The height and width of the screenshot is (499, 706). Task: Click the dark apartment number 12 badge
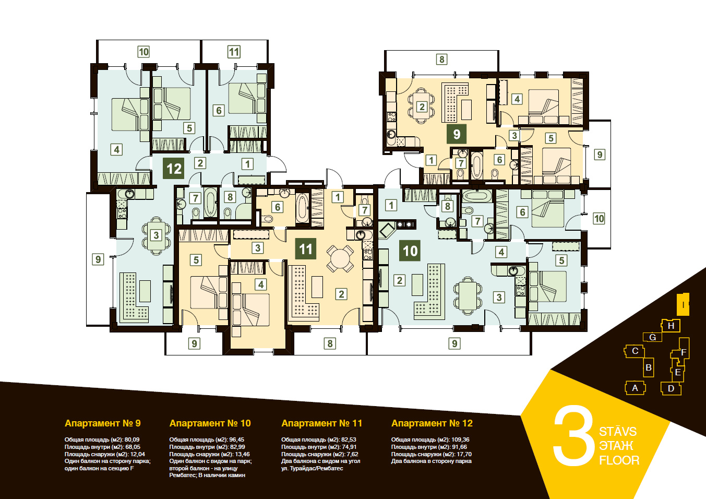tap(174, 169)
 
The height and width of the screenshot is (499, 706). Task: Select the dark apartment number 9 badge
tap(457, 134)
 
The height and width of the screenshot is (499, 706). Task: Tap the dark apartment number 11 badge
tap(305, 249)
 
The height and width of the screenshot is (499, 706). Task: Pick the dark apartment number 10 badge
tap(410, 251)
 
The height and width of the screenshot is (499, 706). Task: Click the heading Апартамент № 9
tap(102, 423)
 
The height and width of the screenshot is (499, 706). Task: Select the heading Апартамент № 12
tap(432, 423)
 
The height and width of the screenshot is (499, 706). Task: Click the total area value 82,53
tap(348, 439)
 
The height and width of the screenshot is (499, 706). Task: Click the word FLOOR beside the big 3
tap(619, 460)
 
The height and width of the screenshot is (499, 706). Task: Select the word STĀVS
tap(618, 432)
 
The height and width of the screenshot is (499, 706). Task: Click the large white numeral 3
tap(573, 435)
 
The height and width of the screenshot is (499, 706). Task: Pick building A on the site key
tap(635, 388)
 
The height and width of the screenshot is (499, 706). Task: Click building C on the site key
tap(635, 351)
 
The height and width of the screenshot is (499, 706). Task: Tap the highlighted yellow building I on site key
tap(683, 304)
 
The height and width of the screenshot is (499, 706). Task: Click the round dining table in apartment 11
tap(340, 258)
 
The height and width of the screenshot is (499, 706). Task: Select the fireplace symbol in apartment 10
tap(387, 230)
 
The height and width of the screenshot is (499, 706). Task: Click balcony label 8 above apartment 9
tap(441, 59)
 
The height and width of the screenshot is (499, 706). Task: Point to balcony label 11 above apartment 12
tap(234, 52)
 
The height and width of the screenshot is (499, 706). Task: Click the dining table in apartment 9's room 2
tap(422, 106)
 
